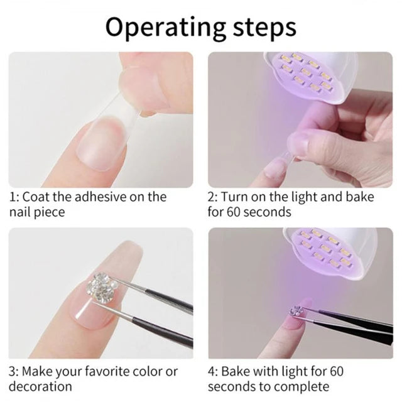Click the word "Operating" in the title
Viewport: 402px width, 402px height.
(x=165, y=28)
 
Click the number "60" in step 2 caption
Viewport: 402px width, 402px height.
(x=233, y=212)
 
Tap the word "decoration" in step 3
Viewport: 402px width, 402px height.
(x=40, y=386)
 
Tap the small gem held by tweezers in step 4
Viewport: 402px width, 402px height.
(x=296, y=311)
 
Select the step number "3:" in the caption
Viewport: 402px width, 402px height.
(x=13, y=371)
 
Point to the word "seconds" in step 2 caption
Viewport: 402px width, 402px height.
(x=267, y=212)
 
